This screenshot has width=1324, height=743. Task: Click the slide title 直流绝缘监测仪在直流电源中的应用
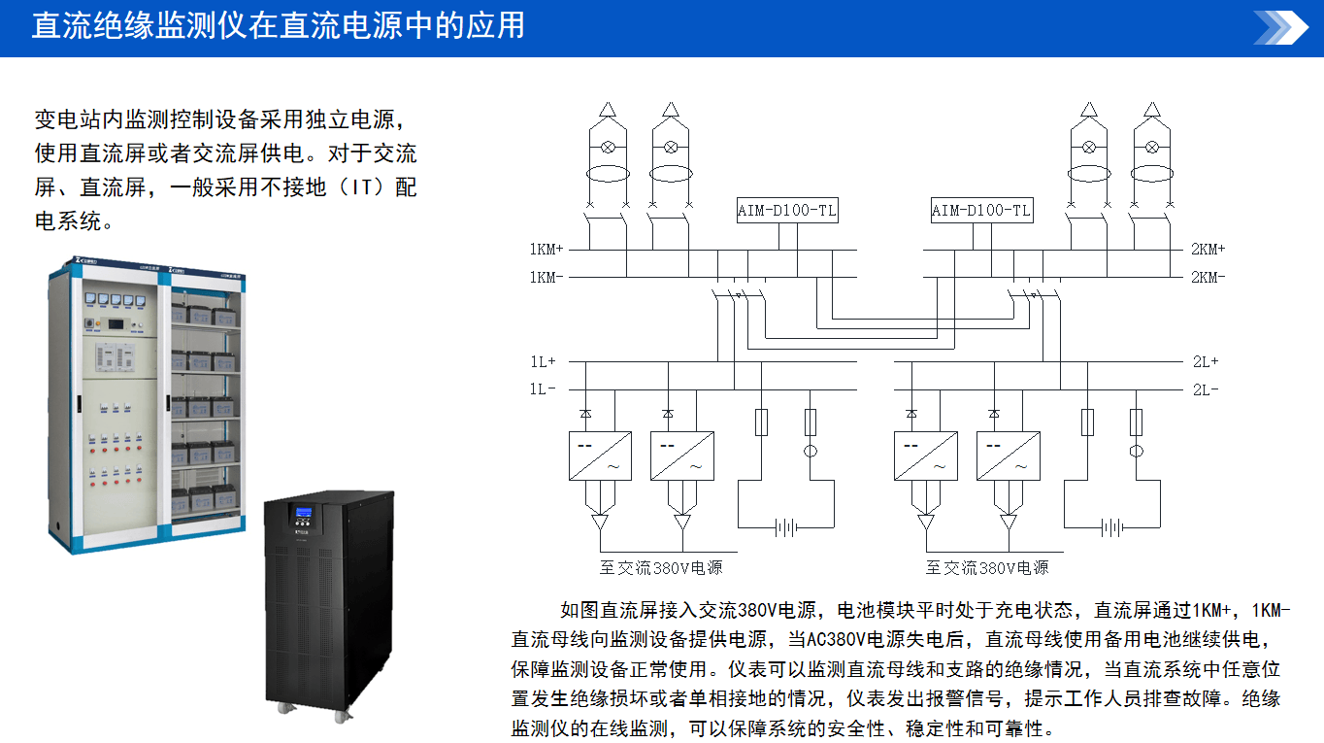pos(278,25)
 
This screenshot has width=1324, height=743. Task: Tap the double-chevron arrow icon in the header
pos(1280,27)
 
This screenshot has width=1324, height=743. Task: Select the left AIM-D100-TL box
pos(786,211)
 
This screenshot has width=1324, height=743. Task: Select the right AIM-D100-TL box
pos(981,211)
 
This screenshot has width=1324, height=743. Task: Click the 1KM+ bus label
pos(546,250)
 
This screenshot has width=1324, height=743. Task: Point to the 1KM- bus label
pos(546,278)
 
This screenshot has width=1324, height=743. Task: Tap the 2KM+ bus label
pos(1208,250)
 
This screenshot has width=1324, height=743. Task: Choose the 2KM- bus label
pos(1208,278)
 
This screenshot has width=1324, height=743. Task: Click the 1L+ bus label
pos(544,361)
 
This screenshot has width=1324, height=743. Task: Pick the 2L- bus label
pos(1205,389)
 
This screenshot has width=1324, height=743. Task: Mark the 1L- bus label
pos(544,389)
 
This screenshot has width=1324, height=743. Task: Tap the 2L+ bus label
pos(1205,361)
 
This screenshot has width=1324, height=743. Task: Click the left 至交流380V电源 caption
pos(661,567)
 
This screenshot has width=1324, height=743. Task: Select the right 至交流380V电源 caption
pos(987,567)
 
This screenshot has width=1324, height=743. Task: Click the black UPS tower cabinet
pos(329,602)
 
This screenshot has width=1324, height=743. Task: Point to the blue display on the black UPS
pos(305,513)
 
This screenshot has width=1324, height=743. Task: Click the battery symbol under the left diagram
pos(786,527)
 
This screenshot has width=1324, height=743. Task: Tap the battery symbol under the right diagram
pos(1112,527)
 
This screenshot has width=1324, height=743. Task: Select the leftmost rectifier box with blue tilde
pos(682,456)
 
